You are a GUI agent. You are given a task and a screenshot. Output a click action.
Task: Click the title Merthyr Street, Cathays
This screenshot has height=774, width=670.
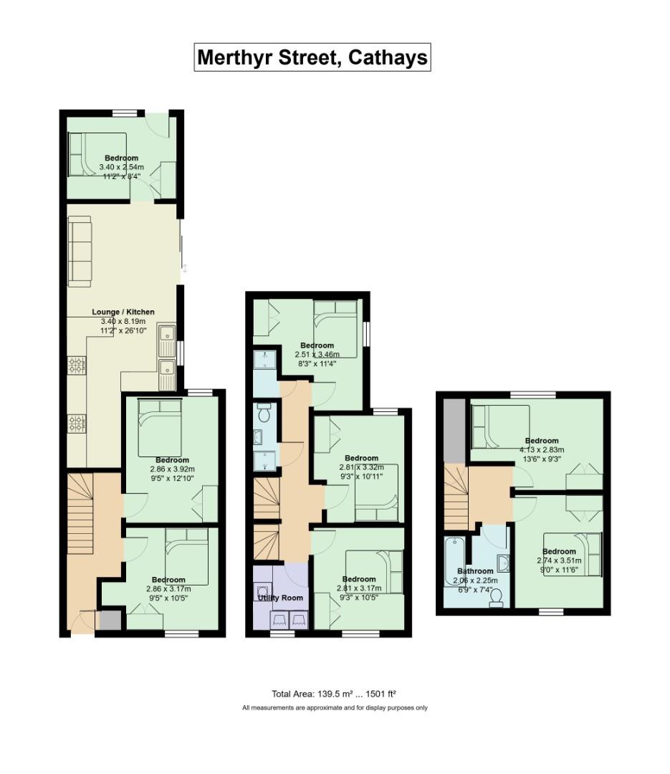click(x=312, y=57)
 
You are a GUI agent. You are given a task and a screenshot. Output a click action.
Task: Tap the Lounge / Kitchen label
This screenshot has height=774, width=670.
click(x=123, y=312)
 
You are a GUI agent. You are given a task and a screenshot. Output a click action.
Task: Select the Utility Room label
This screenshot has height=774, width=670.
click(x=280, y=598)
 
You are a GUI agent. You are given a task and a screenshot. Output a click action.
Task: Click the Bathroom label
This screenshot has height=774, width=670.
click(x=475, y=571)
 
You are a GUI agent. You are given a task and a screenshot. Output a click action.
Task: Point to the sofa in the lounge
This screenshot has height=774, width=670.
click(x=80, y=252)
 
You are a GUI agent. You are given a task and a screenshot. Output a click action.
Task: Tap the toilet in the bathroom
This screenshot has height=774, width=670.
click(x=496, y=598)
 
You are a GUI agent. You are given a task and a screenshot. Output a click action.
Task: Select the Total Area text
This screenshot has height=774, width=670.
click(x=334, y=694)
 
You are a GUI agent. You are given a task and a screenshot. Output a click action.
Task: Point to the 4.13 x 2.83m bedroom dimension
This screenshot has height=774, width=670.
click(x=542, y=449)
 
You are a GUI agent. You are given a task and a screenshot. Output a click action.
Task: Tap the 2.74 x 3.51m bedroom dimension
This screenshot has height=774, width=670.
click(x=559, y=560)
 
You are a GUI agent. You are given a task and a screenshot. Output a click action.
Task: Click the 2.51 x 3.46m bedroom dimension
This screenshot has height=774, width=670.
click(x=317, y=355)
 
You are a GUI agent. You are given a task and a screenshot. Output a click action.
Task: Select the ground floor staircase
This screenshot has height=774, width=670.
click(x=80, y=513)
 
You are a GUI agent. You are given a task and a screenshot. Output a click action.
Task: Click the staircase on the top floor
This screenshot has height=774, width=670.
click(x=456, y=497)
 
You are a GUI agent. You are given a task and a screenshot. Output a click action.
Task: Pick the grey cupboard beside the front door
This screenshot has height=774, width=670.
click(x=110, y=621)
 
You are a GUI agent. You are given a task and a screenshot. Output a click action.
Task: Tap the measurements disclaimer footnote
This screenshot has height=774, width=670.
click(x=335, y=708)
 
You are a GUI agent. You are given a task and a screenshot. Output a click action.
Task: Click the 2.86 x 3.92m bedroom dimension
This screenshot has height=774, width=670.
click(x=172, y=469)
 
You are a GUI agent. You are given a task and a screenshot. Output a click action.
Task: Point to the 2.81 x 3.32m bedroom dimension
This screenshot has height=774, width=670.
click(x=361, y=467)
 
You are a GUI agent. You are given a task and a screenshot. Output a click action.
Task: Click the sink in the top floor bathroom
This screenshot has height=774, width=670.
click(x=503, y=563)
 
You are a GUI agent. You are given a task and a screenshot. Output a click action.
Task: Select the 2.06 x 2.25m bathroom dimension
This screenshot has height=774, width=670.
click(x=475, y=580)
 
